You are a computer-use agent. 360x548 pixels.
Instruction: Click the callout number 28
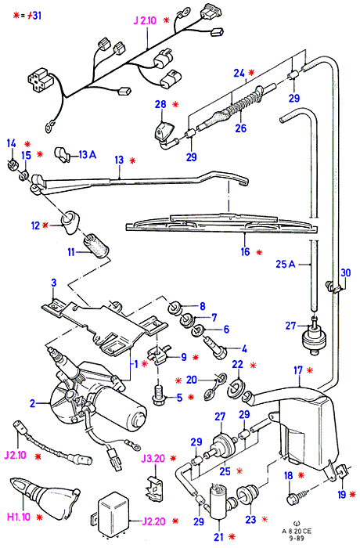[160, 104]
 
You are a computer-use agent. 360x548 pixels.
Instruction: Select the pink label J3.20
[153, 458]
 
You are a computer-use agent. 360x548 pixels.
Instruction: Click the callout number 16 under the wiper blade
[245, 251]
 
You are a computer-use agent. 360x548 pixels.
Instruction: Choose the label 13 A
[87, 154]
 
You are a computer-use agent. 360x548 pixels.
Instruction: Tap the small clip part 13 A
[62, 155]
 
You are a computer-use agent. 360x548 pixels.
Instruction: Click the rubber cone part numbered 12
[70, 222]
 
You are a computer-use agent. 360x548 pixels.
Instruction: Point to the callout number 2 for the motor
[33, 404]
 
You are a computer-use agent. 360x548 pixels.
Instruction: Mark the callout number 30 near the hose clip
[345, 272]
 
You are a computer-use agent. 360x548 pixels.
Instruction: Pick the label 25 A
[285, 264]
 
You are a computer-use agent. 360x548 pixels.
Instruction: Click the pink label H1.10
[19, 517]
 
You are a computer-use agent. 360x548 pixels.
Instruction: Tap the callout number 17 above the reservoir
[298, 370]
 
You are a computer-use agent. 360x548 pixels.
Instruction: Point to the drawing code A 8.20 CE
[297, 532]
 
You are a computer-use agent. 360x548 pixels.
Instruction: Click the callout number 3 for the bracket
[54, 283]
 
